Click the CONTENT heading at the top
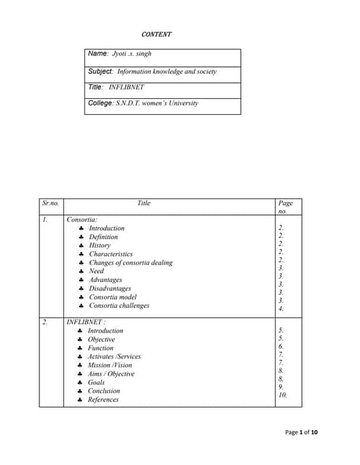[x=156, y=34]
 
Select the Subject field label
[x=100, y=71]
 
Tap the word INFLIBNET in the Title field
[x=127, y=86]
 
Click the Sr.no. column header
[x=51, y=203]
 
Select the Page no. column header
[x=285, y=207]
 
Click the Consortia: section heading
[x=82, y=219]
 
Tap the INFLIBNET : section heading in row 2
[x=86, y=322]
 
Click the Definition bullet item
[x=103, y=237]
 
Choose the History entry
[x=100, y=246]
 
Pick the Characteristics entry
[x=111, y=254]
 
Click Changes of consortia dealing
[x=130, y=263]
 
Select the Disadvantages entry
[x=110, y=288]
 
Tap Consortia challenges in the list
[x=119, y=306]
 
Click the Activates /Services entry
[x=114, y=357]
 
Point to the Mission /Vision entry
[x=110, y=365]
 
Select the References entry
[x=103, y=400]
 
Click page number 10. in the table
[x=283, y=395]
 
